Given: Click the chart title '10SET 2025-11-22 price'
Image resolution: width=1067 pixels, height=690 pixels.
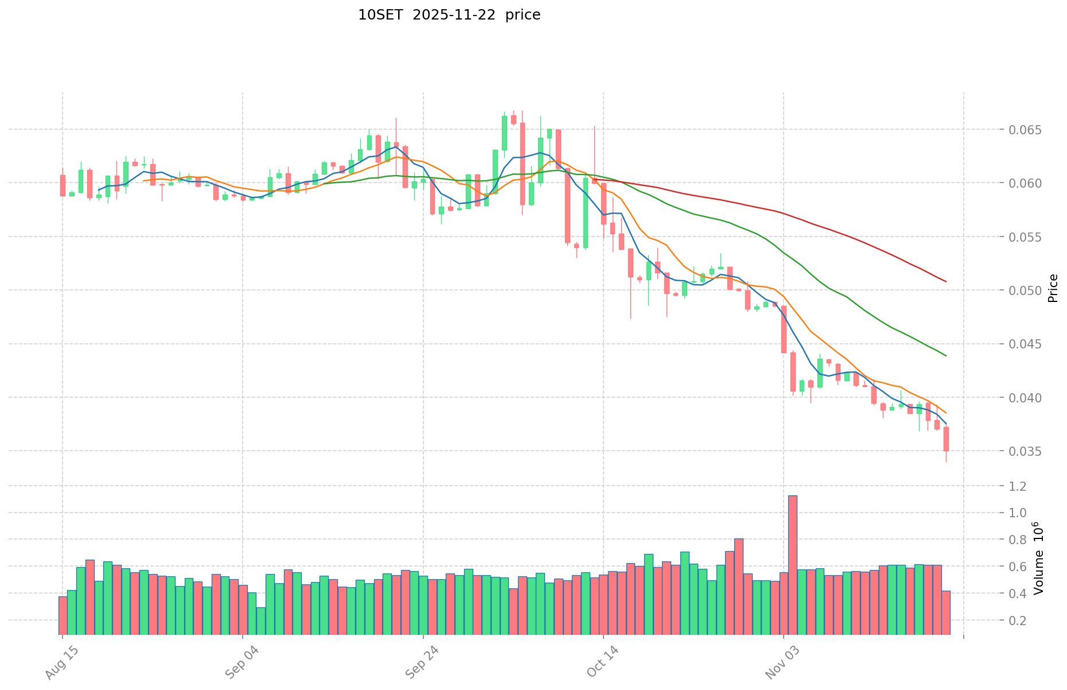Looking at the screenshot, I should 449,15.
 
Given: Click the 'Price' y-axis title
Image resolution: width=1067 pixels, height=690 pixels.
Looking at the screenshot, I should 1053,288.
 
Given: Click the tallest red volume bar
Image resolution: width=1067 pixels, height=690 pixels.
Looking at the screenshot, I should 793,565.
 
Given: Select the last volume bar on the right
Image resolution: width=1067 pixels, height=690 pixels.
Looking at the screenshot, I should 946,613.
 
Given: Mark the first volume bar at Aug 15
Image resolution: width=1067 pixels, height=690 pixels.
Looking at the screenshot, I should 63,615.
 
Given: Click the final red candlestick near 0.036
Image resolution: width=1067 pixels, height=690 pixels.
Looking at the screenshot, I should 946,439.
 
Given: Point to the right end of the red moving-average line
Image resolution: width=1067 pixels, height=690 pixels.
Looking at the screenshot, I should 946,281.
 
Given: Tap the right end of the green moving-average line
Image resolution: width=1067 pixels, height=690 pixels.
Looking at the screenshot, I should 946,356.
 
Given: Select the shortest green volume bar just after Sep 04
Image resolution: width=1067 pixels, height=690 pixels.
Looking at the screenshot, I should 261,621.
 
